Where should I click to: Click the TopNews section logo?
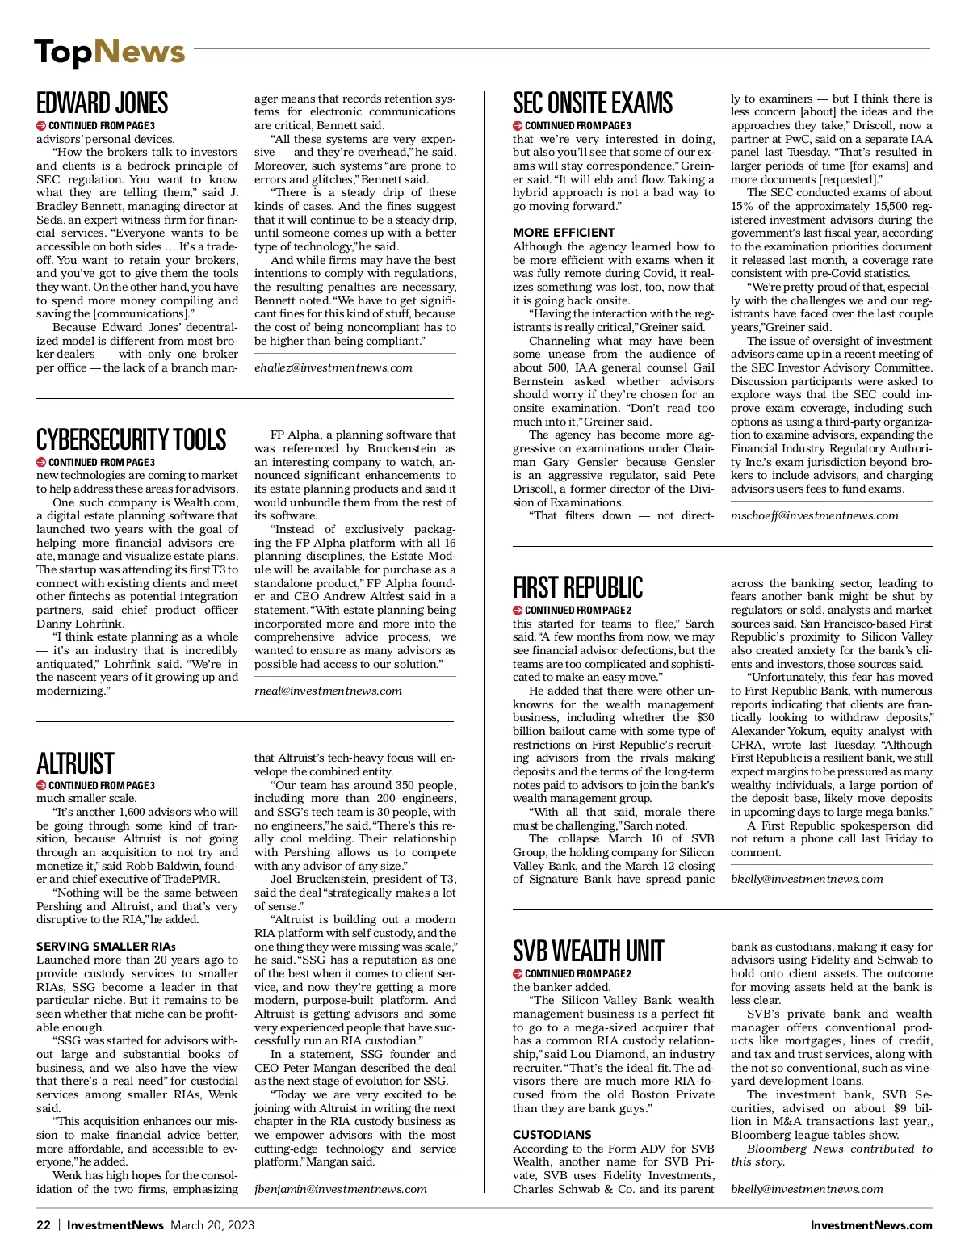(110, 52)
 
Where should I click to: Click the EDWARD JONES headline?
(103, 103)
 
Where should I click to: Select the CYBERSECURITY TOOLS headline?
(131, 440)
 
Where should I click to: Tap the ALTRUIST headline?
(75, 763)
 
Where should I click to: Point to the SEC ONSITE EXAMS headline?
(593, 103)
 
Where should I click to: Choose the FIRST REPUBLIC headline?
(578, 587)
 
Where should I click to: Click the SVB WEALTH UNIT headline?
(588, 951)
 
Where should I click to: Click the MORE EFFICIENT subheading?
(564, 233)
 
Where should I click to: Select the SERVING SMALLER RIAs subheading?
(106, 947)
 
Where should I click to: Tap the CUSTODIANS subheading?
(552, 1135)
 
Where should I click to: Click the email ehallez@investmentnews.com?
(333, 367)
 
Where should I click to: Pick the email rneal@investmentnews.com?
(328, 691)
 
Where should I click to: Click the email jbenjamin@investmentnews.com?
(341, 1189)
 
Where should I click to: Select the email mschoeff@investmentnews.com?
(815, 515)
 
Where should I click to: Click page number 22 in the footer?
(44, 1225)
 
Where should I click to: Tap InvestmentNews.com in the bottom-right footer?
(871, 1225)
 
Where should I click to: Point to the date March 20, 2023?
(212, 1225)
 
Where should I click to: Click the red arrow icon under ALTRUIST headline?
(41, 785)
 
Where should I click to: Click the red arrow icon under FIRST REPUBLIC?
(518, 610)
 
